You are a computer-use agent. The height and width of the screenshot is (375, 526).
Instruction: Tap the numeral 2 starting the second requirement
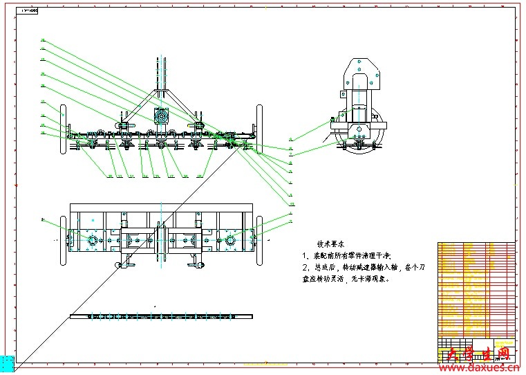tap(304, 268)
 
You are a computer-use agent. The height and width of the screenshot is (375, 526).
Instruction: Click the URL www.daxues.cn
tap(483, 367)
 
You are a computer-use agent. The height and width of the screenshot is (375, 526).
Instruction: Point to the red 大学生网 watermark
tap(476, 354)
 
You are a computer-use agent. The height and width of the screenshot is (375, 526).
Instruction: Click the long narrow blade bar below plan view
tap(161, 316)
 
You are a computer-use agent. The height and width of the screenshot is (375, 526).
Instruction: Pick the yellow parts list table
tap(476, 291)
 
